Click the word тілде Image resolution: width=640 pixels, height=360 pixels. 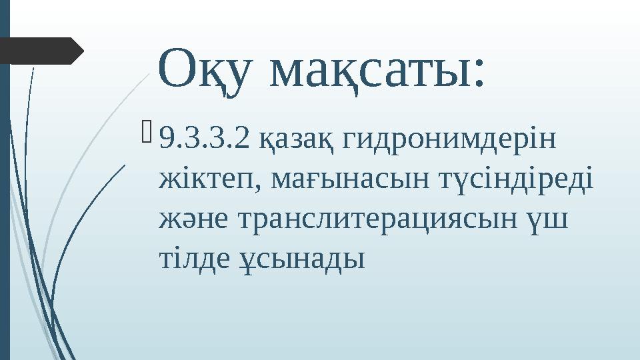click(190, 257)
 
